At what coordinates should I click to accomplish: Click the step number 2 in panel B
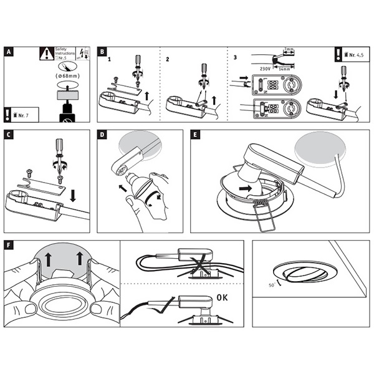(x=167, y=60)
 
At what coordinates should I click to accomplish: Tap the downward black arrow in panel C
(x=74, y=196)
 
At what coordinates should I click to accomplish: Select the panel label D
(x=102, y=135)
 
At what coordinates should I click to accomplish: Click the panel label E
(x=196, y=135)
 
